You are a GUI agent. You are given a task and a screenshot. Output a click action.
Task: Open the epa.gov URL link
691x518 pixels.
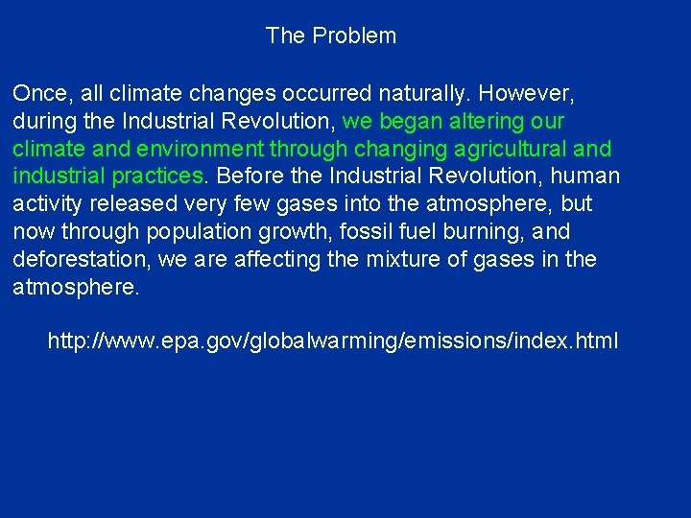(x=333, y=341)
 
